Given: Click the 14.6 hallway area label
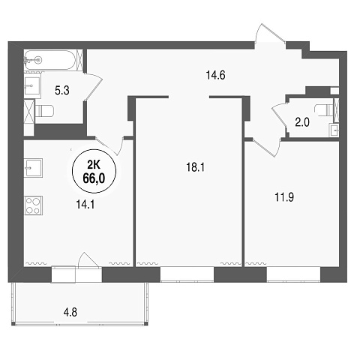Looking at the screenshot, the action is point(215,75).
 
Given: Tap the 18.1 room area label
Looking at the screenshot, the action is point(195,167).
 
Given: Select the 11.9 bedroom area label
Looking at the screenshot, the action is point(284,197).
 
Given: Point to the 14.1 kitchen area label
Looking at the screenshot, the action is point(85,205).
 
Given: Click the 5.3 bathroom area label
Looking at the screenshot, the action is point(62,90).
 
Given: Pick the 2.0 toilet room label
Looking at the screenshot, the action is point(302,122).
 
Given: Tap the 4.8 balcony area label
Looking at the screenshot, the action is point(70,312).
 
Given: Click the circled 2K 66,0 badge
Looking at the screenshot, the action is point(94,171).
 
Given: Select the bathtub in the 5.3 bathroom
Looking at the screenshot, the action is point(50,60).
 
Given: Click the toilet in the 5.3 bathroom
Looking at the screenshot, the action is point(44,111).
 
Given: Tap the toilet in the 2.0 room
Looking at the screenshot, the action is point(324,109).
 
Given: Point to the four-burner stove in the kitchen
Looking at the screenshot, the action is point(33,205).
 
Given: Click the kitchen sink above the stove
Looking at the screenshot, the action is point(33,168).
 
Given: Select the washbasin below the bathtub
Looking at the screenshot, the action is point(33,85).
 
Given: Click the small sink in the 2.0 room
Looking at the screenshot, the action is point(334,130).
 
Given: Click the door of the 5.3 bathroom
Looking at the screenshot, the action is point(93,87).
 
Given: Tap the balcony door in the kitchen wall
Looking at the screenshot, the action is point(88,265).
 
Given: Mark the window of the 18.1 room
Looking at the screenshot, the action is point(187,274).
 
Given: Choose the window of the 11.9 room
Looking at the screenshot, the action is point(293,274).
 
